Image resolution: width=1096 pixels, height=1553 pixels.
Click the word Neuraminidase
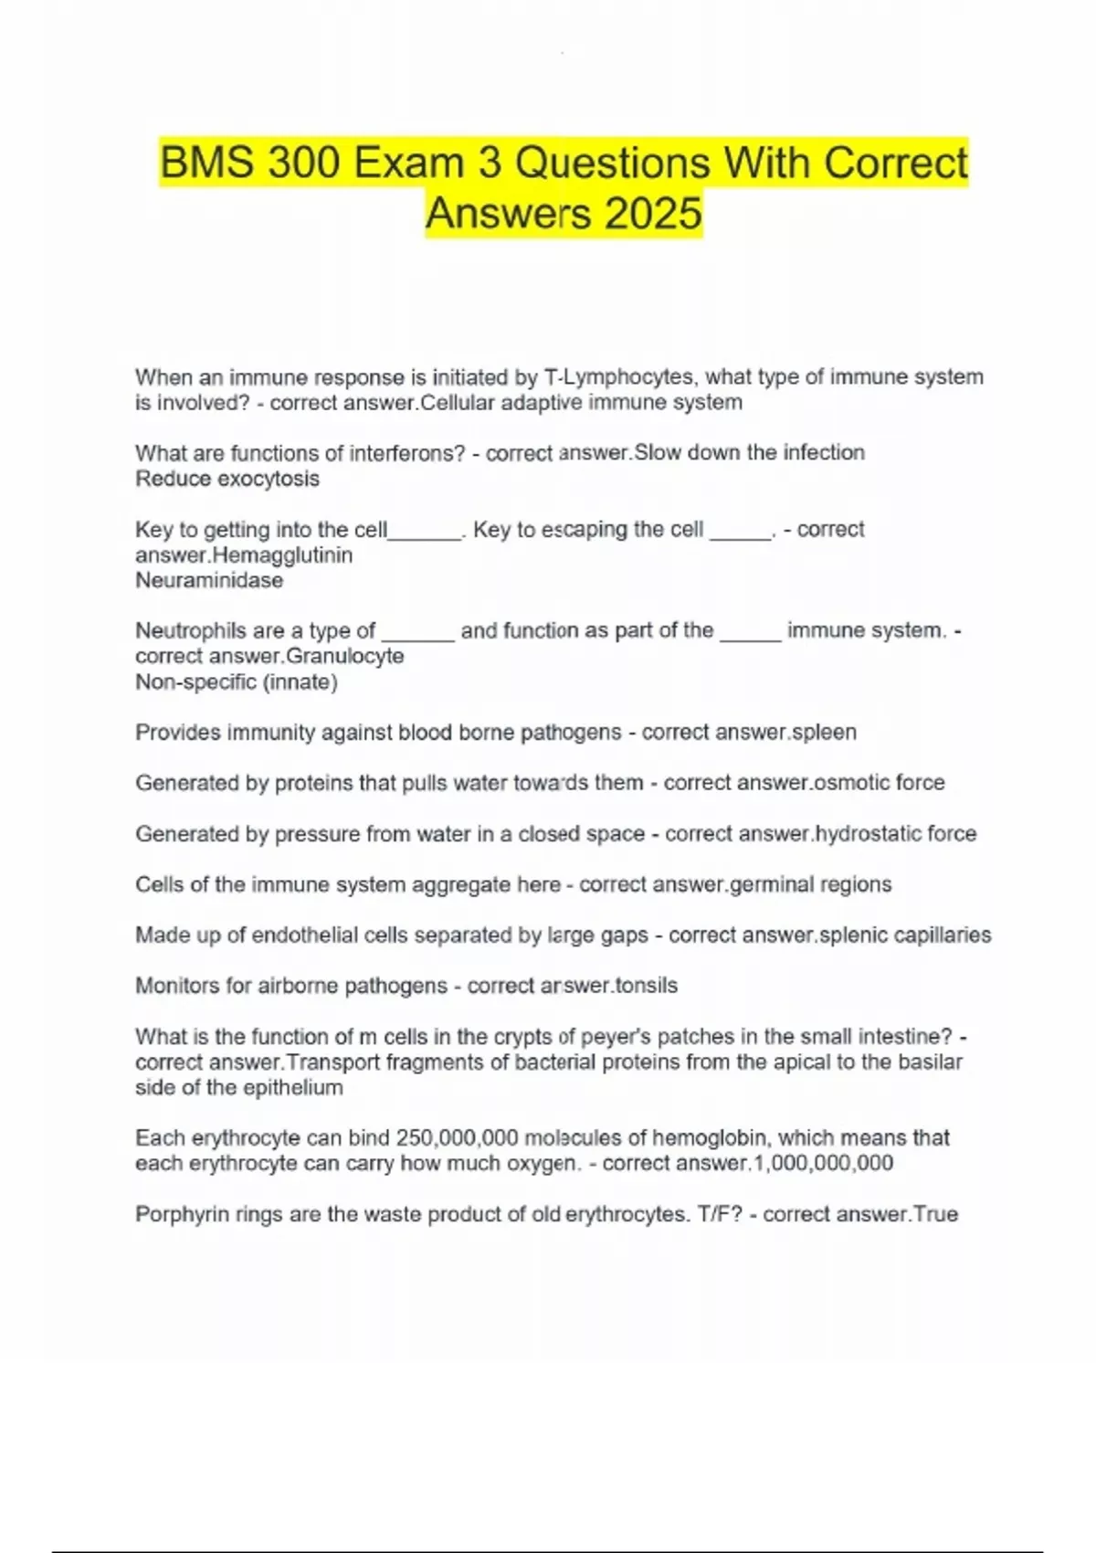click(209, 580)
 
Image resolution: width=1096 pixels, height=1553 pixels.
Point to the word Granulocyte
click(345, 656)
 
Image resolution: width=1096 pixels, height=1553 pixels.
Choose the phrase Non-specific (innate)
click(237, 681)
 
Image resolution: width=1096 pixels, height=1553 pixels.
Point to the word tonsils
click(647, 986)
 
